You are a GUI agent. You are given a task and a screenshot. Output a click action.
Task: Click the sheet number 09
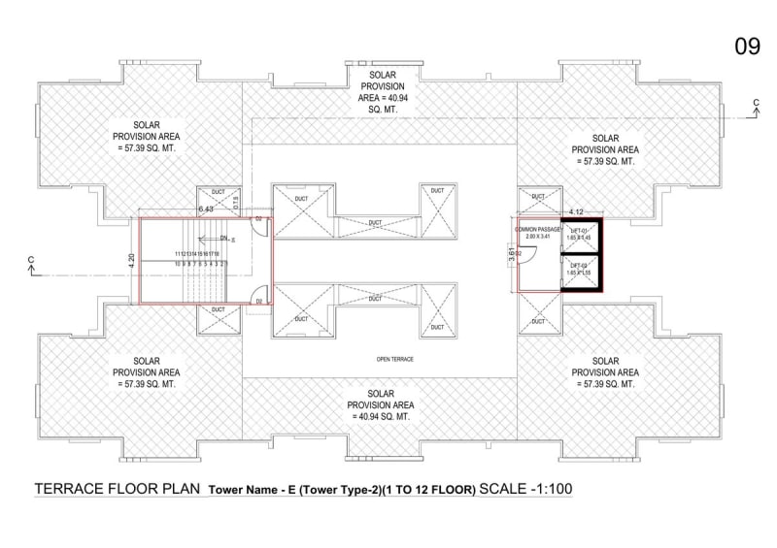(x=746, y=48)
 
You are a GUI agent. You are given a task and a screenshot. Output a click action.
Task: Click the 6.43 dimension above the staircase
(x=206, y=210)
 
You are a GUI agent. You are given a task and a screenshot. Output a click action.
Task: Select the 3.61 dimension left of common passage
(x=512, y=254)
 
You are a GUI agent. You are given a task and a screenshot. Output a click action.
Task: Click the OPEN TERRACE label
(x=395, y=360)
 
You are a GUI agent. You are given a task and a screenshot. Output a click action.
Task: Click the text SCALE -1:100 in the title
(x=525, y=489)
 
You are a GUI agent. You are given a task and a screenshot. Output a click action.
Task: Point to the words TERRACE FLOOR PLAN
(x=118, y=489)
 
